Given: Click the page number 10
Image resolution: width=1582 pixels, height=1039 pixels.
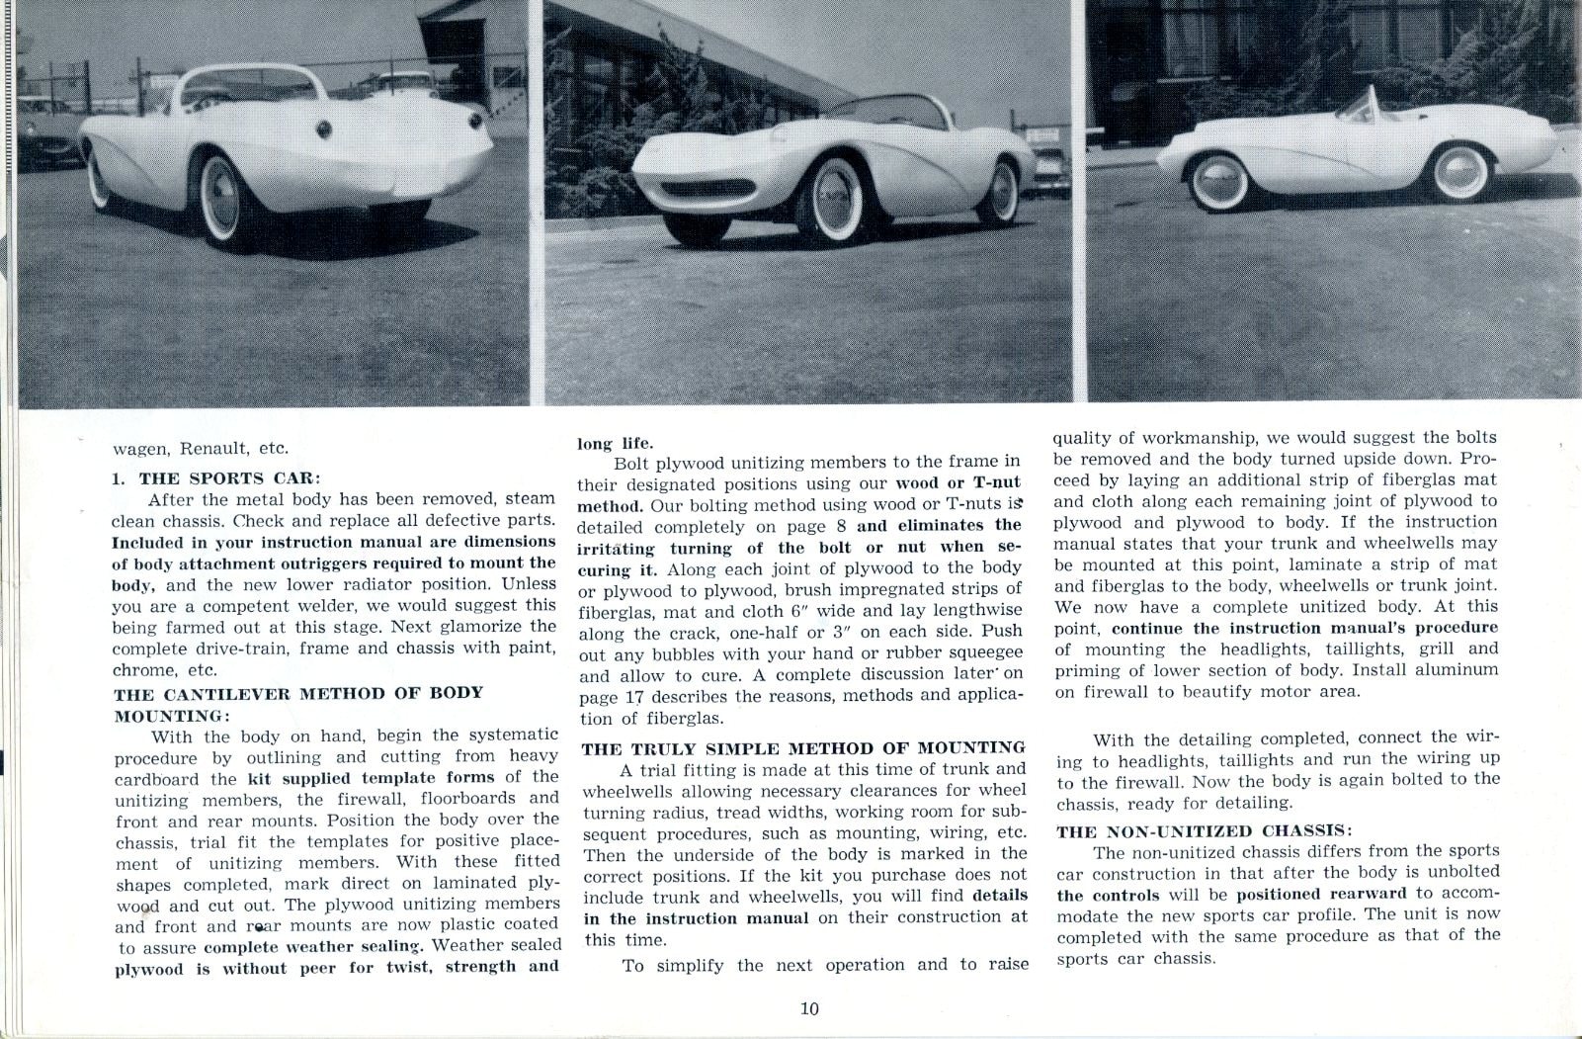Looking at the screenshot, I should click(x=809, y=1008).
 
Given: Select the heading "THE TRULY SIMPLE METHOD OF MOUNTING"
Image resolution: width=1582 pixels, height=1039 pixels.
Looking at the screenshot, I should click(x=803, y=747).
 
